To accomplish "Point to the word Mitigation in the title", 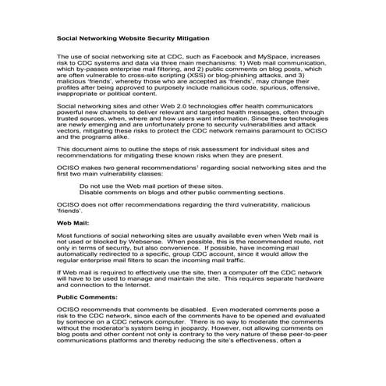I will pyautogui.click(x=186, y=37).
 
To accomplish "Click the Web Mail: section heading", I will pyautogui.click(x=73, y=223).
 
